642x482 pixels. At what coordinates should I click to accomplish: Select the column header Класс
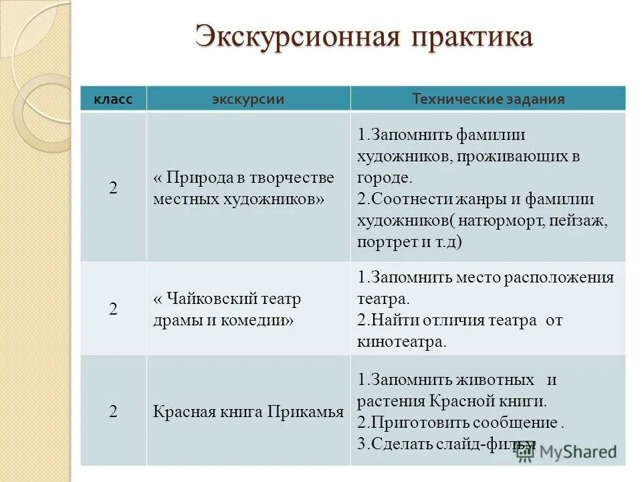click(113, 100)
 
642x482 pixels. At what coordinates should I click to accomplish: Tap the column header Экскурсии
click(248, 100)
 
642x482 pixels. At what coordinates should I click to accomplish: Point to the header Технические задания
click(488, 100)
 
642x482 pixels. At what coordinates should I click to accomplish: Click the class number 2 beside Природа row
click(113, 188)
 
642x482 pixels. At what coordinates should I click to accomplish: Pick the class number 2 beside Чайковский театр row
click(113, 309)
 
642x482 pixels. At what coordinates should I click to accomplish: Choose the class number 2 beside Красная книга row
click(113, 412)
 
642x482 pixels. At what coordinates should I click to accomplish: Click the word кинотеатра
click(400, 341)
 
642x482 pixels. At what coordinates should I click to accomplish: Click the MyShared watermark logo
click(566, 451)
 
